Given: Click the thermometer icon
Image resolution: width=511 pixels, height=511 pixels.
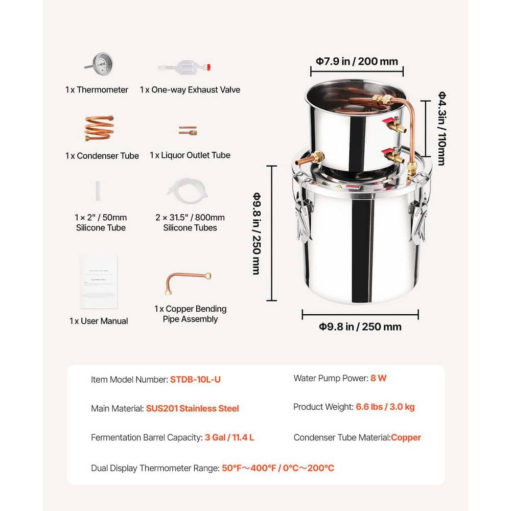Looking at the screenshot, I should coord(99,64).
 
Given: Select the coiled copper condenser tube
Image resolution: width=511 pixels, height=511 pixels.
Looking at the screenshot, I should coord(99,128).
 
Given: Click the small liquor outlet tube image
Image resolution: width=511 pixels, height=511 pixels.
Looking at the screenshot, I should coord(188,131).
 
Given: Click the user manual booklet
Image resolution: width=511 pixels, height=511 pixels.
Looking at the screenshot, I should coord(99,282).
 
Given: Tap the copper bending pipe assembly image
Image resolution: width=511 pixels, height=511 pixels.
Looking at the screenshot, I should coord(188,283).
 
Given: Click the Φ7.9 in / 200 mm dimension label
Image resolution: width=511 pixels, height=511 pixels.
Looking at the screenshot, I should coord(356,61).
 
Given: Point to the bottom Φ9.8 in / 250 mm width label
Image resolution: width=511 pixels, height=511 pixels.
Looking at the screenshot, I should coord(360,327).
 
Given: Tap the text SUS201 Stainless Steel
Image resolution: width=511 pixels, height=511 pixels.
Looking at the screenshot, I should coord(192,408).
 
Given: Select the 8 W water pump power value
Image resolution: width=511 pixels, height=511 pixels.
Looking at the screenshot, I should coord(378,379).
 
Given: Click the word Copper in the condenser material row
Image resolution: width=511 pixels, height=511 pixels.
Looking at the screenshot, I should coord(406,437).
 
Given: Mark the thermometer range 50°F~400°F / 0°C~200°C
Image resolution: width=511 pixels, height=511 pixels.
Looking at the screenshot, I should coord(278,468).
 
